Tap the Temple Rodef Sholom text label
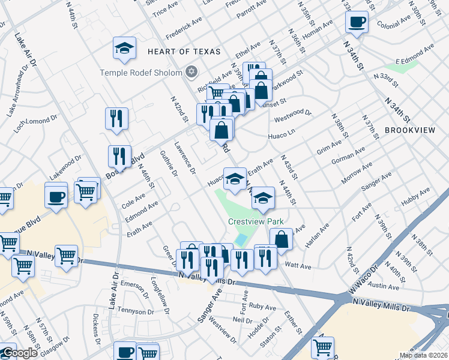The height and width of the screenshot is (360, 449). [142, 73]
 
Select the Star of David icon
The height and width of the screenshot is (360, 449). [191, 72]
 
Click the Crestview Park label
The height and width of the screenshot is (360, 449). [255, 221]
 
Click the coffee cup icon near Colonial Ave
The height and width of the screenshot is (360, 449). [357, 23]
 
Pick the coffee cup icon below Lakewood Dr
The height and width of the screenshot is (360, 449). [56, 197]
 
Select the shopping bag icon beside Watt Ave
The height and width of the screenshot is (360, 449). [281, 239]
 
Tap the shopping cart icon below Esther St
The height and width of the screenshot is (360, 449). [323, 347]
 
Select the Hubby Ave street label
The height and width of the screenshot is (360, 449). [417, 196]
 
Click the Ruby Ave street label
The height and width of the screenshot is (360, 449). [262, 306]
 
